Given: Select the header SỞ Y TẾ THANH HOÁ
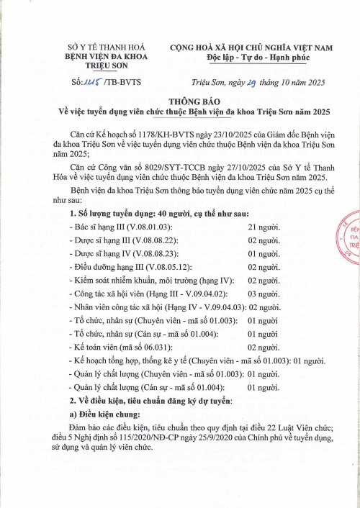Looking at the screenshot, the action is (x=94, y=47).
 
